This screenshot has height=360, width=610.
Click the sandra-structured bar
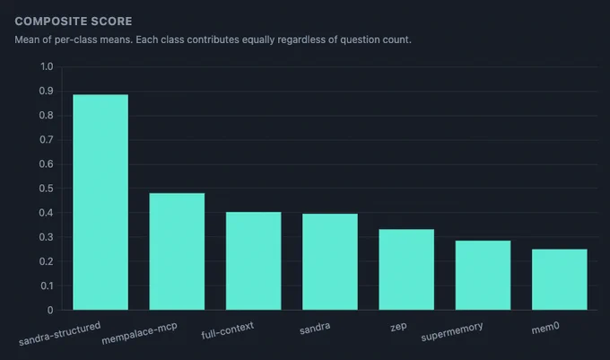(x=100, y=202)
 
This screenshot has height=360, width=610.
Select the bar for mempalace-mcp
(x=177, y=251)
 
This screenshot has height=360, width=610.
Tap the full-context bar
(x=253, y=260)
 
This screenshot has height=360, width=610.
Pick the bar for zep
(x=406, y=269)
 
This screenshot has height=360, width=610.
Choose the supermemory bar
(x=483, y=275)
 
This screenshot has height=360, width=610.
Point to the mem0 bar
(x=560, y=279)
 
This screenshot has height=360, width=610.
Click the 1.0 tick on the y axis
(x=47, y=66)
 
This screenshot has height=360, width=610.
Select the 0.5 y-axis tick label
(x=47, y=189)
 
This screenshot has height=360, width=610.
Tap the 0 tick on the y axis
(x=50, y=311)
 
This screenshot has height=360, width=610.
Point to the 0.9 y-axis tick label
(x=47, y=91)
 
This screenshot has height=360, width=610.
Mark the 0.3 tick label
(x=47, y=237)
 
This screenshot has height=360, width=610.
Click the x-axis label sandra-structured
(x=59, y=334)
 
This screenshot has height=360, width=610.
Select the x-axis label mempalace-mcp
(x=139, y=334)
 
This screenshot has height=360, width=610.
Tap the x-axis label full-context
(x=228, y=330)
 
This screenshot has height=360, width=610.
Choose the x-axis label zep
(x=398, y=327)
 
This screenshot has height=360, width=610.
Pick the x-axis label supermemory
(x=452, y=331)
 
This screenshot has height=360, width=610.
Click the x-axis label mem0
(x=545, y=328)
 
